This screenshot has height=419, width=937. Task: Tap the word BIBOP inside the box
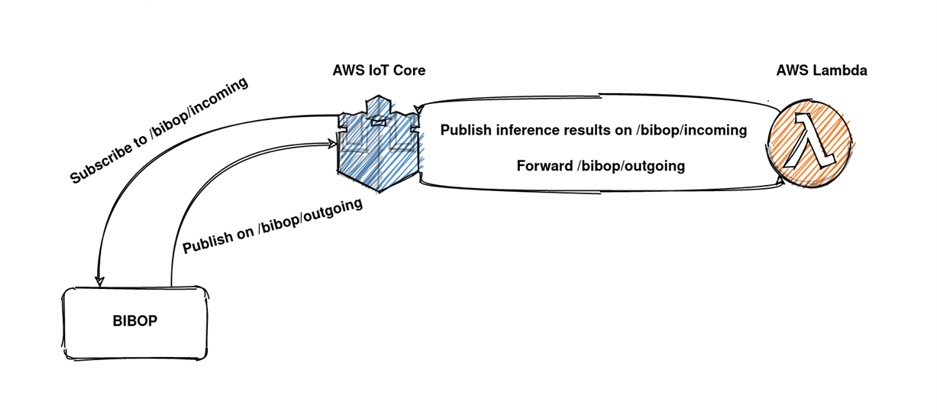pyautogui.click(x=135, y=321)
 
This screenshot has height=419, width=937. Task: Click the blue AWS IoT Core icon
pyautogui.click(x=380, y=143)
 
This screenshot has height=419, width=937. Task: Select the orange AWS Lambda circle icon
pyautogui.click(x=809, y=143)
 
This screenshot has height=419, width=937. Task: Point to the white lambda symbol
pyautogui.click(x=809, y=141)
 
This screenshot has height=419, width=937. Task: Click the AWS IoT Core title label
pyautogui.click(x=379, y=70)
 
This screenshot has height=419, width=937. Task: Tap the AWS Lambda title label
pyautogui.click(x=822, y=70)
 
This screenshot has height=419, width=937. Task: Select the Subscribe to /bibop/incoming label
pyautogui.click(x=159, y=130)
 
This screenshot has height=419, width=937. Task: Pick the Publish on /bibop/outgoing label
pyautogui.click(x=273, y=226)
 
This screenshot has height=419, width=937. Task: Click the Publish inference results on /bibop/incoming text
pyautogui.click(x=593, y=130)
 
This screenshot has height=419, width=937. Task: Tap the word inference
pyautogui.click(x=527, y=130)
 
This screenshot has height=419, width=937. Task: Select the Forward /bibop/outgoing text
pyautogui.click(x=601, y=166)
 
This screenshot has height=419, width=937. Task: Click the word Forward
pyautogui.click(x=544, y=165)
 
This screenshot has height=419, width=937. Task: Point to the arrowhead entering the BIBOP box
pyautogui.click(x=99, y=281)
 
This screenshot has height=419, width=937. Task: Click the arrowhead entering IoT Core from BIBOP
pyautogui.click(x=332, y=145)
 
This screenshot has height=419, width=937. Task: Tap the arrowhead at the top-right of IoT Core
pyautogui.click(x=418, y=109)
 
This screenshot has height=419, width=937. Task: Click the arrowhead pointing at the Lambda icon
pyautogui.click(x=780, y=181)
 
